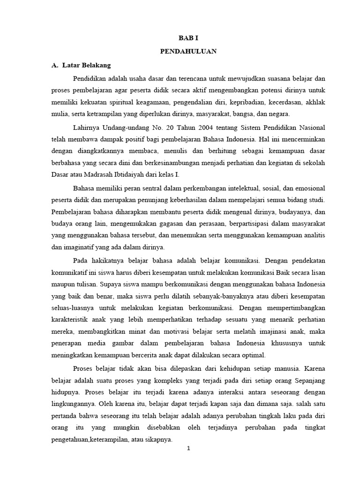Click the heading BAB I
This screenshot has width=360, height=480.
(186, 40)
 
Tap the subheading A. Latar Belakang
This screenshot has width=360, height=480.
(81, 65)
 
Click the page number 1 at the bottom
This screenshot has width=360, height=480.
(188, 448)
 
